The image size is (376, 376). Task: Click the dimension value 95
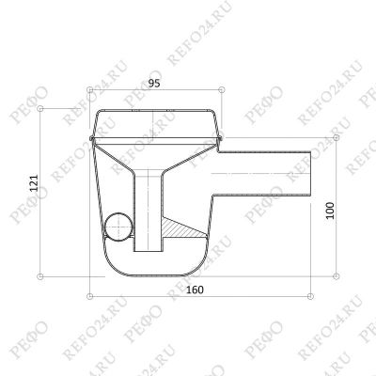(154, 84)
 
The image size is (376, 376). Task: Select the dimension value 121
(34, 182)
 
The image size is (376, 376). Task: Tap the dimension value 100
(330, 211)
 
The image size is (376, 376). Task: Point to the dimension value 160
(195, 290)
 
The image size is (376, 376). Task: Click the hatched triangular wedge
(180, 228)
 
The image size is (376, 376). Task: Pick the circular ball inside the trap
(118, 227)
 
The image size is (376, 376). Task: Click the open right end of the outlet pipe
(311, 174)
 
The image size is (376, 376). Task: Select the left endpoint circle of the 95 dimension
(90, 90)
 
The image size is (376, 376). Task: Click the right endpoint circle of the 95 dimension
(222, 90)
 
